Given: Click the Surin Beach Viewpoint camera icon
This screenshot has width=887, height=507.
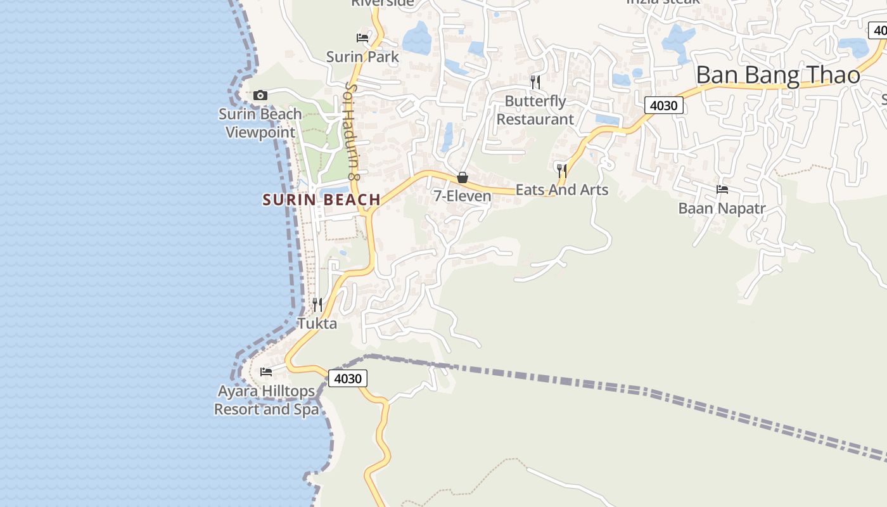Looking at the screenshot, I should point(260,96).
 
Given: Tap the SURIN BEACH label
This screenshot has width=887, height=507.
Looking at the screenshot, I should point(321,200).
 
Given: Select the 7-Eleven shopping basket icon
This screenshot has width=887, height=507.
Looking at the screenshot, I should point(463,177).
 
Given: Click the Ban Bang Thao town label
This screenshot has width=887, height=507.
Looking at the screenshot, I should point(778,75).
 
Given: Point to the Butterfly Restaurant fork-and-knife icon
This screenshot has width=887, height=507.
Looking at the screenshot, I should point(535,82).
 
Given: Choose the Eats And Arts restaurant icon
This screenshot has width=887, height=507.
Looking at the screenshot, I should point(561,170).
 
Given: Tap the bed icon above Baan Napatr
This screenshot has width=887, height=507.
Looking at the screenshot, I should point(722,189).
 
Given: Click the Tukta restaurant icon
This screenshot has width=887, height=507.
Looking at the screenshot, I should point(317,305).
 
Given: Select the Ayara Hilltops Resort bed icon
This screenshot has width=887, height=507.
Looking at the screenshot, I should point(266,371).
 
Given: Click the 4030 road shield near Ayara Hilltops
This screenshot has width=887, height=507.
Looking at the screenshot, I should point(348,379).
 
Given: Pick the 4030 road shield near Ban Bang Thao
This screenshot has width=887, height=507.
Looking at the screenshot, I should point(664,106).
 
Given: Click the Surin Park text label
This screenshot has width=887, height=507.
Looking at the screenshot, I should point(362,57).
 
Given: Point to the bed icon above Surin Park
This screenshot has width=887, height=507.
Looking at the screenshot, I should point(362,38).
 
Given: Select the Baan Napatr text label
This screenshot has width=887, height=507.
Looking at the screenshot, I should point(722,209).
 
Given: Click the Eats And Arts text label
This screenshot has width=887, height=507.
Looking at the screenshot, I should point(561,189).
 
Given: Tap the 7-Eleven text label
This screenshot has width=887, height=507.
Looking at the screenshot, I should point(463,196).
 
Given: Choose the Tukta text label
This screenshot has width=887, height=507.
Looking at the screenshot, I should point(317,323).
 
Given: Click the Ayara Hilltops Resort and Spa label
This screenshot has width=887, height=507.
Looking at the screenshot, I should point(266,400).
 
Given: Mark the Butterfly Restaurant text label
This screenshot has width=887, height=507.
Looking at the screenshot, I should point(535,110).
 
